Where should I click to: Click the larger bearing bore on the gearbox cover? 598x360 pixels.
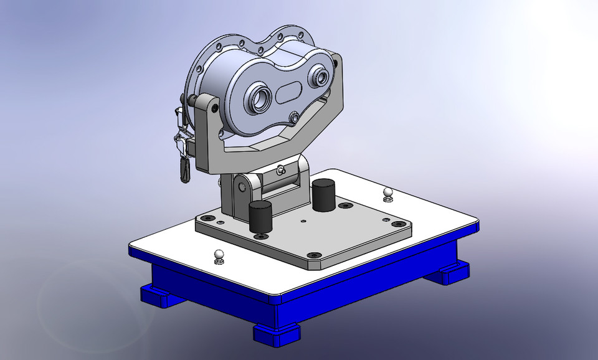pos(257,98)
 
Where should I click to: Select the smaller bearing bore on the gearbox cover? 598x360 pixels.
pos(322,77)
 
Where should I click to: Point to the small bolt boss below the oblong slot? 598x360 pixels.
pos(293,116)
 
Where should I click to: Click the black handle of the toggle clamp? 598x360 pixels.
pos(185,169)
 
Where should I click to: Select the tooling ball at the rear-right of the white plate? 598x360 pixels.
pos(388,192)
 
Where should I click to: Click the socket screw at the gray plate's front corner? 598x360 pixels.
pos(315,255)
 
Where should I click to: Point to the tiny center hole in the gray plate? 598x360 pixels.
pos(303,220)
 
